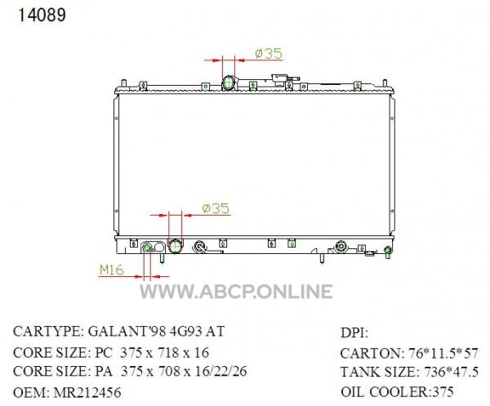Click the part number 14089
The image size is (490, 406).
42,15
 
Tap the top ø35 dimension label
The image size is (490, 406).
269,53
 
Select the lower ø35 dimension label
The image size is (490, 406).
216,208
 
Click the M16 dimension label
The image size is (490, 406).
112,270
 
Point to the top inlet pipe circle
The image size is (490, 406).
228,83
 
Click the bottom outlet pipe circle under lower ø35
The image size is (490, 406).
176,246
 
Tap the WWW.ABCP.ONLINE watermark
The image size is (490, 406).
236,292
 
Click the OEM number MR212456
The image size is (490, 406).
87,393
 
